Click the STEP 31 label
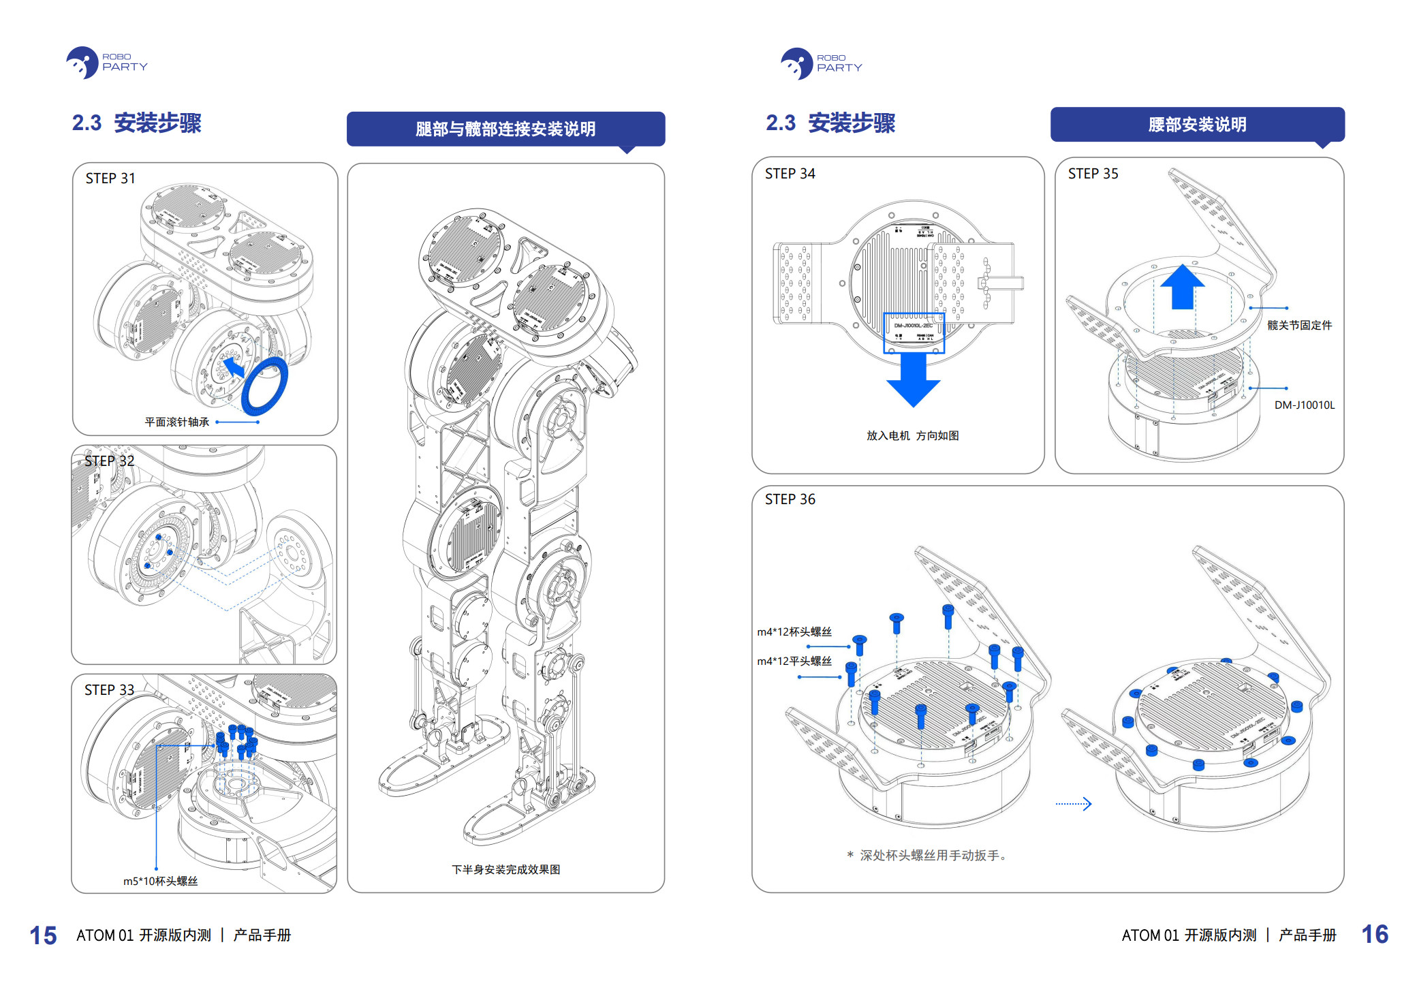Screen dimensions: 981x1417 tap(110, 178)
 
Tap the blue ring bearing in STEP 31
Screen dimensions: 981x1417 tap(264, 386)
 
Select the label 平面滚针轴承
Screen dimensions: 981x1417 tap(177, 422)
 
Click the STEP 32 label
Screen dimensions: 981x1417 tap(109, 461)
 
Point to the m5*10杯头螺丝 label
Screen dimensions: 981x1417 tap(160, 881)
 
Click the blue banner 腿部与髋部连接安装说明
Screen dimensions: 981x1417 tap(505, 129)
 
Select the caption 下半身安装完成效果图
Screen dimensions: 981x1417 tap(505, 869)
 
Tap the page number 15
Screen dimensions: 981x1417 tap(43, 935)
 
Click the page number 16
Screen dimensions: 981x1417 tap(1375, 934)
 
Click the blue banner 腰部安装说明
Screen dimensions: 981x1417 tap(1197, 125)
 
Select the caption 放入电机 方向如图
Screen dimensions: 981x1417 tap(912, 436)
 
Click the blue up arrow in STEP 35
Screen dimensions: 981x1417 tap(1182, 286)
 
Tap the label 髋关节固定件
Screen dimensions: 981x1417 tap(1299, 326)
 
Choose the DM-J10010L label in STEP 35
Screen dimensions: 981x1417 tap(1304, 405)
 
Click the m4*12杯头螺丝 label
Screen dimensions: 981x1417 tap(794, 632)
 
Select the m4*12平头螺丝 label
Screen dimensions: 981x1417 tap(794, 661)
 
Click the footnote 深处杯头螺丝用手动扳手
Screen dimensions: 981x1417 tap(928, 856)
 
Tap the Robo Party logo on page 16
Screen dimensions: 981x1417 tap(821, 63)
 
